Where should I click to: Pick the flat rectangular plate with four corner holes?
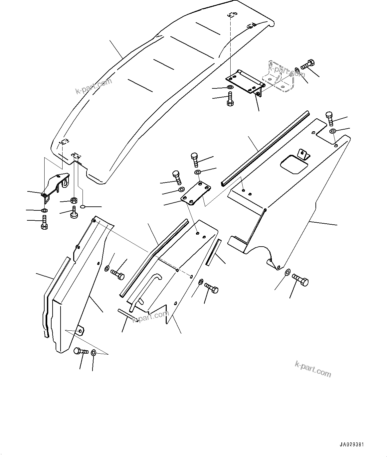click(x=196, y=194)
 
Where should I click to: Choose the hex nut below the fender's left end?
click(x=74, y=200)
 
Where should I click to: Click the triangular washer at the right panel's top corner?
click(x=333, y=132)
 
